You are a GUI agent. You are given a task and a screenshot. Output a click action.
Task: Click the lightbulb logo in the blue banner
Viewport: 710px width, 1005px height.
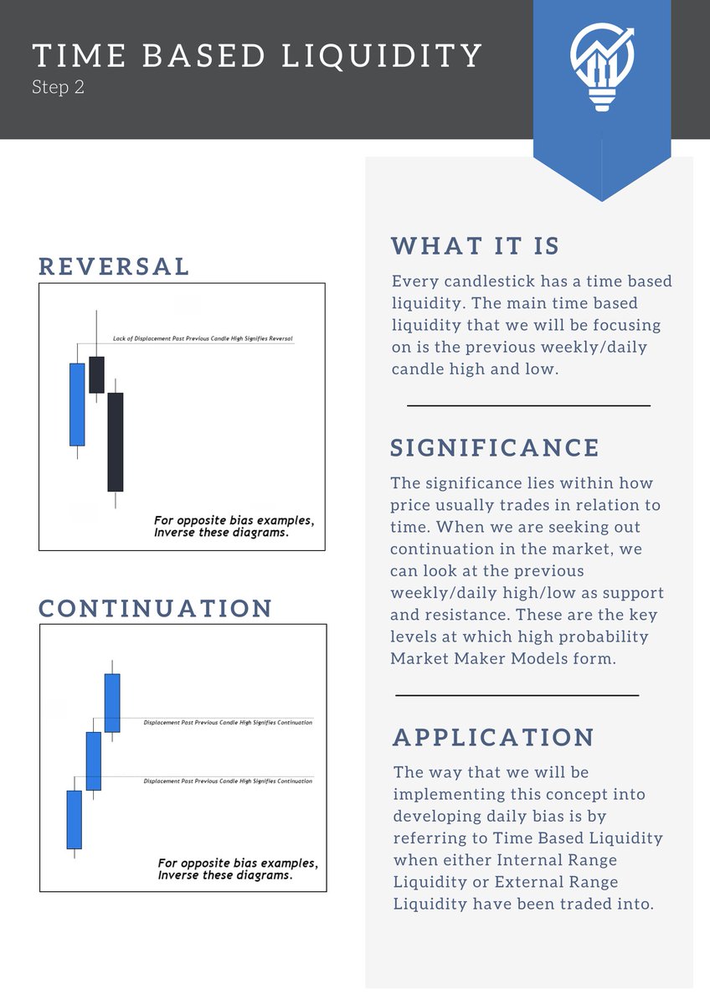tap(601, 66)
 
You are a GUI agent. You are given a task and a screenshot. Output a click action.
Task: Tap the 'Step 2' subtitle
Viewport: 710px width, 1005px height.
tap(58, 87)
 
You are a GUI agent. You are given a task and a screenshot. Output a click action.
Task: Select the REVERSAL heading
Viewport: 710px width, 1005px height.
tap(114, 266)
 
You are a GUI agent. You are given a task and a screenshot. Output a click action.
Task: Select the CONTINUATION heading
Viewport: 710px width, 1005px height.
tap(156, 608)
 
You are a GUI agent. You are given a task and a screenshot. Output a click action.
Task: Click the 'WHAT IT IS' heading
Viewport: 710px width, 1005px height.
tap(475, 246)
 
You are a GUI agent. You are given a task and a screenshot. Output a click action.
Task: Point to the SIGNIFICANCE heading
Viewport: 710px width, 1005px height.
tap(495, 447)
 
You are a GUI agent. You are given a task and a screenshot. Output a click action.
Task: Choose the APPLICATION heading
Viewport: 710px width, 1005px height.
tap(494, 737)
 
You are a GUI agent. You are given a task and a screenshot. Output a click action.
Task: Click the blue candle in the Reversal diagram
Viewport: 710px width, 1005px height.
tap(77, 405)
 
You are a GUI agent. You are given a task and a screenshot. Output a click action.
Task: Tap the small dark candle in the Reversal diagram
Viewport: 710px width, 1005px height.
tap(96, 374)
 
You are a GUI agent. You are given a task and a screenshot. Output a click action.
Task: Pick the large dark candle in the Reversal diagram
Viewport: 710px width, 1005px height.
tap(116, 441)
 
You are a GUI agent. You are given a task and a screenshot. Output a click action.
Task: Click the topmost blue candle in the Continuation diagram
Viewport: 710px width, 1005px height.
tap(112, 703)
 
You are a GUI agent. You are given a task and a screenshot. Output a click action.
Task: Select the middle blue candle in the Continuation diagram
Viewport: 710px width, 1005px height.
tap(93, 760)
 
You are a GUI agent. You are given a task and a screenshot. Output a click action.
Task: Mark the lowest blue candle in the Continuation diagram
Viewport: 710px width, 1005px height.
tap(75, 820)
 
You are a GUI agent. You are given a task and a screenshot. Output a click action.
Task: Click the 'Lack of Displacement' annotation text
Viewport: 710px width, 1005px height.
tap(203, 339)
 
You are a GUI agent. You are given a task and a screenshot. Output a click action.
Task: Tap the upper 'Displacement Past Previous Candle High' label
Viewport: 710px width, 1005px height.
tap(228, 722)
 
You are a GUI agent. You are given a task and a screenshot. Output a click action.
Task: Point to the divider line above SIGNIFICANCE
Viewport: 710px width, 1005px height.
tap(528, 405)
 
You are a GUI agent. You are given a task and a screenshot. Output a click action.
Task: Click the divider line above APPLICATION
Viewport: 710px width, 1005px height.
tap(517, 695)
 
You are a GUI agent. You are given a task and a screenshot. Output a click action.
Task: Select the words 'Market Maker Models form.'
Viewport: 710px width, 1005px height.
tap(503, 658)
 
